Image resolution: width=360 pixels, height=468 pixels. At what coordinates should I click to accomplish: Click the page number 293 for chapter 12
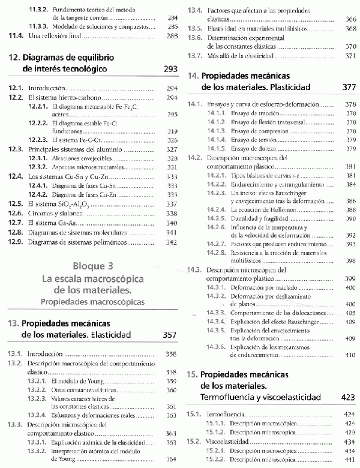(170, 70)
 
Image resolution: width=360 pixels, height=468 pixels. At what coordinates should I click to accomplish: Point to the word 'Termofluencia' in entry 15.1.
(225, 414)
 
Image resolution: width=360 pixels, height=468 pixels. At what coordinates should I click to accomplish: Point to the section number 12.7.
(15, 223)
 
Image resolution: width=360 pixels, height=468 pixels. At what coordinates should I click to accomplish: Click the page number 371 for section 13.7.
(351, 56)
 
